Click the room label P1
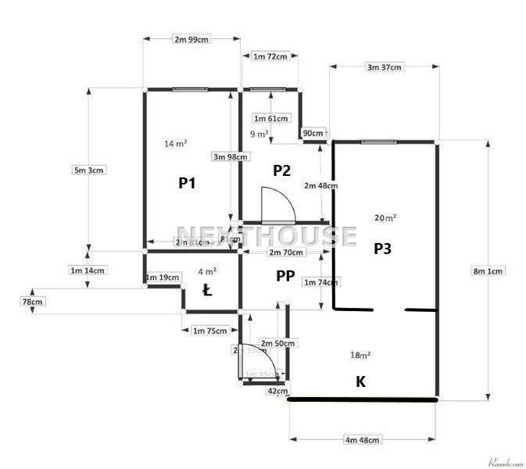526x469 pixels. point(187,184)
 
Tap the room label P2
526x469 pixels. point(281,170)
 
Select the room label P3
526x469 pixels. point(382,249)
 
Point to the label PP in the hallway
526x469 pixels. point(284,275)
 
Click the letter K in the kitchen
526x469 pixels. point(360,381)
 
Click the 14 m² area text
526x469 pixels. point(175,144)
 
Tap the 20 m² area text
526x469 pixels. point(385,218)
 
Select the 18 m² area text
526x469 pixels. point(360,356)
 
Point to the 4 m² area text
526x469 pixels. point(207,271)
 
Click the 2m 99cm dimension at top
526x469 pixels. point(191,38)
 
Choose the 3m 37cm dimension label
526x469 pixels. point(384,67)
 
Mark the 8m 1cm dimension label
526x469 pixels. point(488,271)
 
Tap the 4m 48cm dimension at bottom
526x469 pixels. point(363,440)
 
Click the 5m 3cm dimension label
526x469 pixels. point(88,170)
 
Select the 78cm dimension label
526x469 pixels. point(33,302)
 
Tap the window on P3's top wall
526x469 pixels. point(383,141)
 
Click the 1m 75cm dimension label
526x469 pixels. point(209,331)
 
